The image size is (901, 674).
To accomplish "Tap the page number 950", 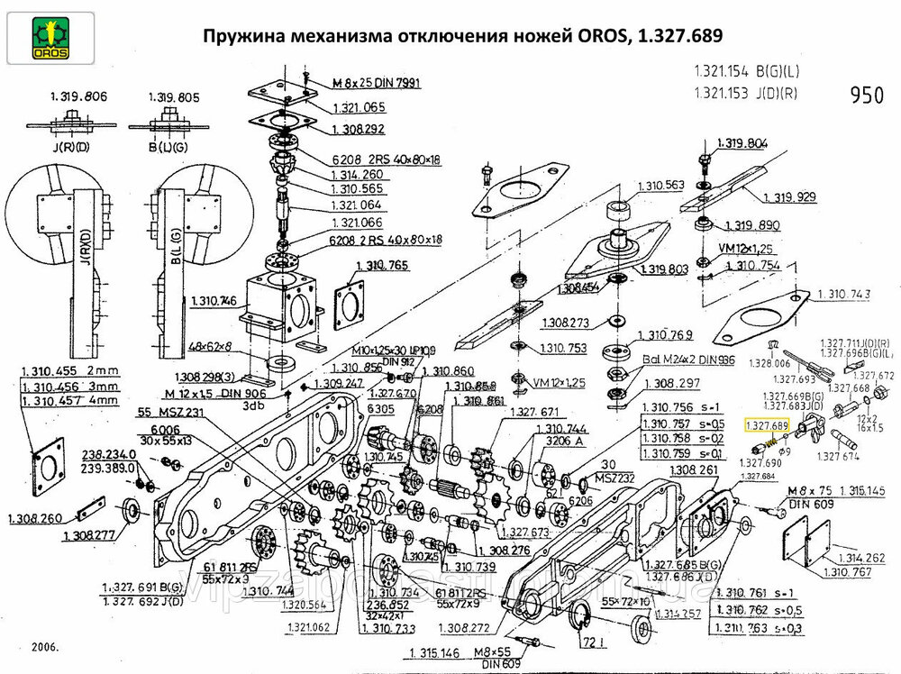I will (867, 96).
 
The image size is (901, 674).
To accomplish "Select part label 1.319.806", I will (75, 96).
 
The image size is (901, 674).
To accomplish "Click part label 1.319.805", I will (171, 96).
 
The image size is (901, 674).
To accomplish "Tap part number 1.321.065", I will (359, 107).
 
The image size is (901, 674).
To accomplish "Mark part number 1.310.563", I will (661, 186).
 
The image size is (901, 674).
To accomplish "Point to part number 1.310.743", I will (848, 295).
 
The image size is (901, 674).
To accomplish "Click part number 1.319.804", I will (743, 143).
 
